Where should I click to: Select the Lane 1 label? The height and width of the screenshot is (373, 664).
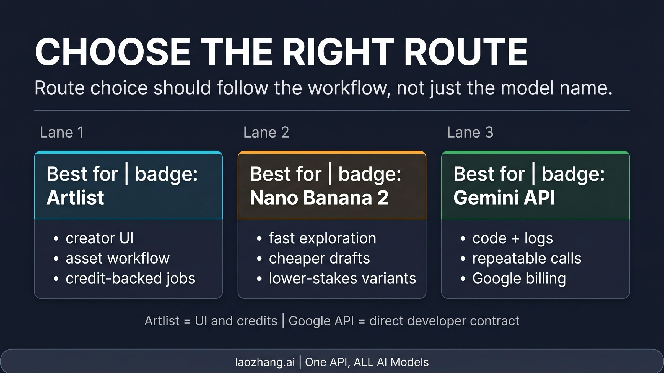click(x=62, y=132)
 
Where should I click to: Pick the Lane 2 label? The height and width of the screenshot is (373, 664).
click(x=266, y=132)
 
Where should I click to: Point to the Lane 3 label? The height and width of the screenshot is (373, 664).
click(x=470, y=132)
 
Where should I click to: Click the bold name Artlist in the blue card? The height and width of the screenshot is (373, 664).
click(x=75, y=198)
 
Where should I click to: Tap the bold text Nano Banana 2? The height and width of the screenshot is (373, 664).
click(x=319, y=198)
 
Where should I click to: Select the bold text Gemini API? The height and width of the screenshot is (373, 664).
click(x=504, y=198)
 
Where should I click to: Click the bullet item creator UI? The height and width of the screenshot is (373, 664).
click(x=100, y=238)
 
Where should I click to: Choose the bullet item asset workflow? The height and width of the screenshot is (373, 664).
click(x=118, y=258)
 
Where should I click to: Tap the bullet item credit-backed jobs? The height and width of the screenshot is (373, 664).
click(x=130, y=278)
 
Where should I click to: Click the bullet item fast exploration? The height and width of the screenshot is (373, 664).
click(x=323, y=238)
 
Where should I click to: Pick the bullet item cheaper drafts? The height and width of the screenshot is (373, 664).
click(x=319, y=258)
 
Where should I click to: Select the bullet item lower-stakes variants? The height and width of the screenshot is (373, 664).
click(x=343, y=278)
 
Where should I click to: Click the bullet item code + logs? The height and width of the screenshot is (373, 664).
click(x=512, y=238)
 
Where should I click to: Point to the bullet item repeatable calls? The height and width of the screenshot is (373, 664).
click(x=527, y=258)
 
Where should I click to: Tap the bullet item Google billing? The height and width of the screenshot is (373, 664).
click(x=519, y=278)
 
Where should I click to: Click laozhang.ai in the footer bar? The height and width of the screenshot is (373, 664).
click(x=265, y=362)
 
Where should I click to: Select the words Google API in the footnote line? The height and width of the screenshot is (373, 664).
click(x=321, y=321)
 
